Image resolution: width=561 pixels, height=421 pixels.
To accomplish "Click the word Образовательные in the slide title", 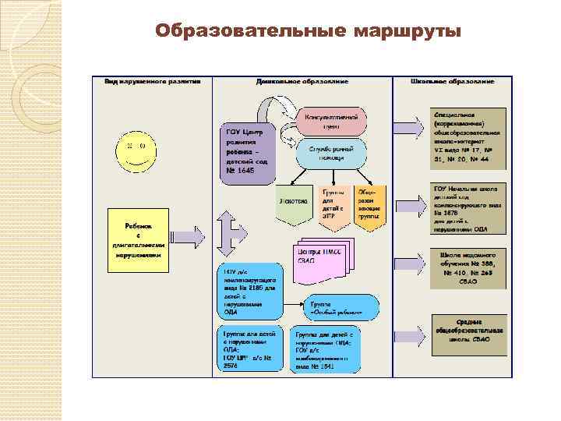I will [251, 31].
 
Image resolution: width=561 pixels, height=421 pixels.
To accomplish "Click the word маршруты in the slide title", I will [408, 31].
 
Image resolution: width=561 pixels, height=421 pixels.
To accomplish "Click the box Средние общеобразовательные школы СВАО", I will [469, 332].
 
